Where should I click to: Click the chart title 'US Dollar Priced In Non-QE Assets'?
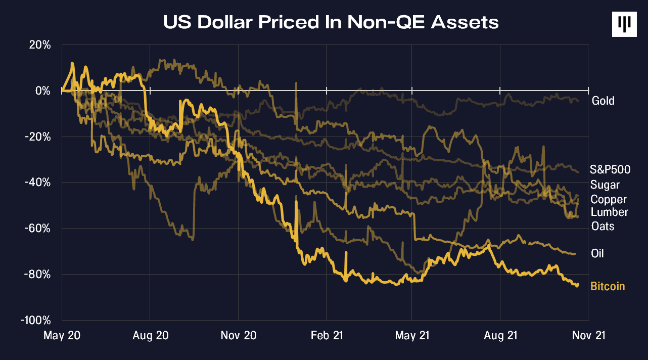[331, 22]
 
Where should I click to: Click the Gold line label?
[603, 101]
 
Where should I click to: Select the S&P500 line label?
[610, 169]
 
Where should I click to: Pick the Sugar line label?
[605, 185]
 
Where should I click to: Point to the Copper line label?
[609, 200]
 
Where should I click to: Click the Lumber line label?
[609, 212]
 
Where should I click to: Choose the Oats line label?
[603, 226]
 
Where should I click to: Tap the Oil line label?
[597, 253]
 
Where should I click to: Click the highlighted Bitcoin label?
[608, 287]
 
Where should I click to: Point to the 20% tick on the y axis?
[39, 45]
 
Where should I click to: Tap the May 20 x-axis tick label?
[62, 335]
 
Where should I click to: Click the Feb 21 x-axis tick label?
[326, 335]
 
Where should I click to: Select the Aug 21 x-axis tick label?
[500, 335]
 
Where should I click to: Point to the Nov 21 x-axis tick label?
[588, 335]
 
